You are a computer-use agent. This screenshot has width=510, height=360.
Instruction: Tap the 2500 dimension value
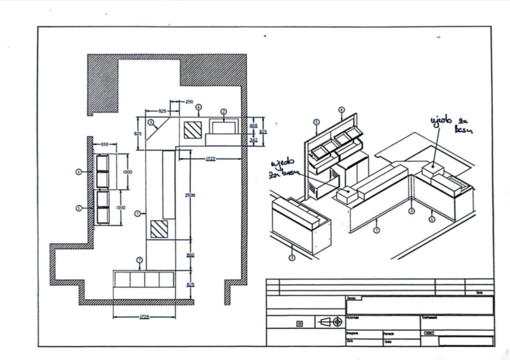click(x=190, y=195)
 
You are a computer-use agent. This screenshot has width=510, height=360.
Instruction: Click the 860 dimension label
click(x=190, y=255)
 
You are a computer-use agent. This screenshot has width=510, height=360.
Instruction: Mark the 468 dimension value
click(x=253, y=126)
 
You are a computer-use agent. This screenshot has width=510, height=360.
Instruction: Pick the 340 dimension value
click(x=253, y=140)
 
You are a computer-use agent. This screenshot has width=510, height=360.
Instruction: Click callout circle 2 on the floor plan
click(x=224, y=111)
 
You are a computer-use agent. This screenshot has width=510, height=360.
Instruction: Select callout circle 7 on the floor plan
click(x=139, y=260)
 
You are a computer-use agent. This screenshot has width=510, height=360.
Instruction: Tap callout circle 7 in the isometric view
click(x=292, y=257)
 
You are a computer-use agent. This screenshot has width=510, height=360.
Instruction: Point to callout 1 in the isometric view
click(x=377, y=230)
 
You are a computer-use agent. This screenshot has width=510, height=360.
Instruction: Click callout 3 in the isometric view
click(x=411, y=211)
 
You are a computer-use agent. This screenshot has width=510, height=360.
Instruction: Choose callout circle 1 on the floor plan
click(x=138, y=213)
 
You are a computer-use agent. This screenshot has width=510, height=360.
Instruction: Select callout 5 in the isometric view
click(x=316, y=122)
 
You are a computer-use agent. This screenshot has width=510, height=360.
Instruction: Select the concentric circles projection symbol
click(x=337, y=322)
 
